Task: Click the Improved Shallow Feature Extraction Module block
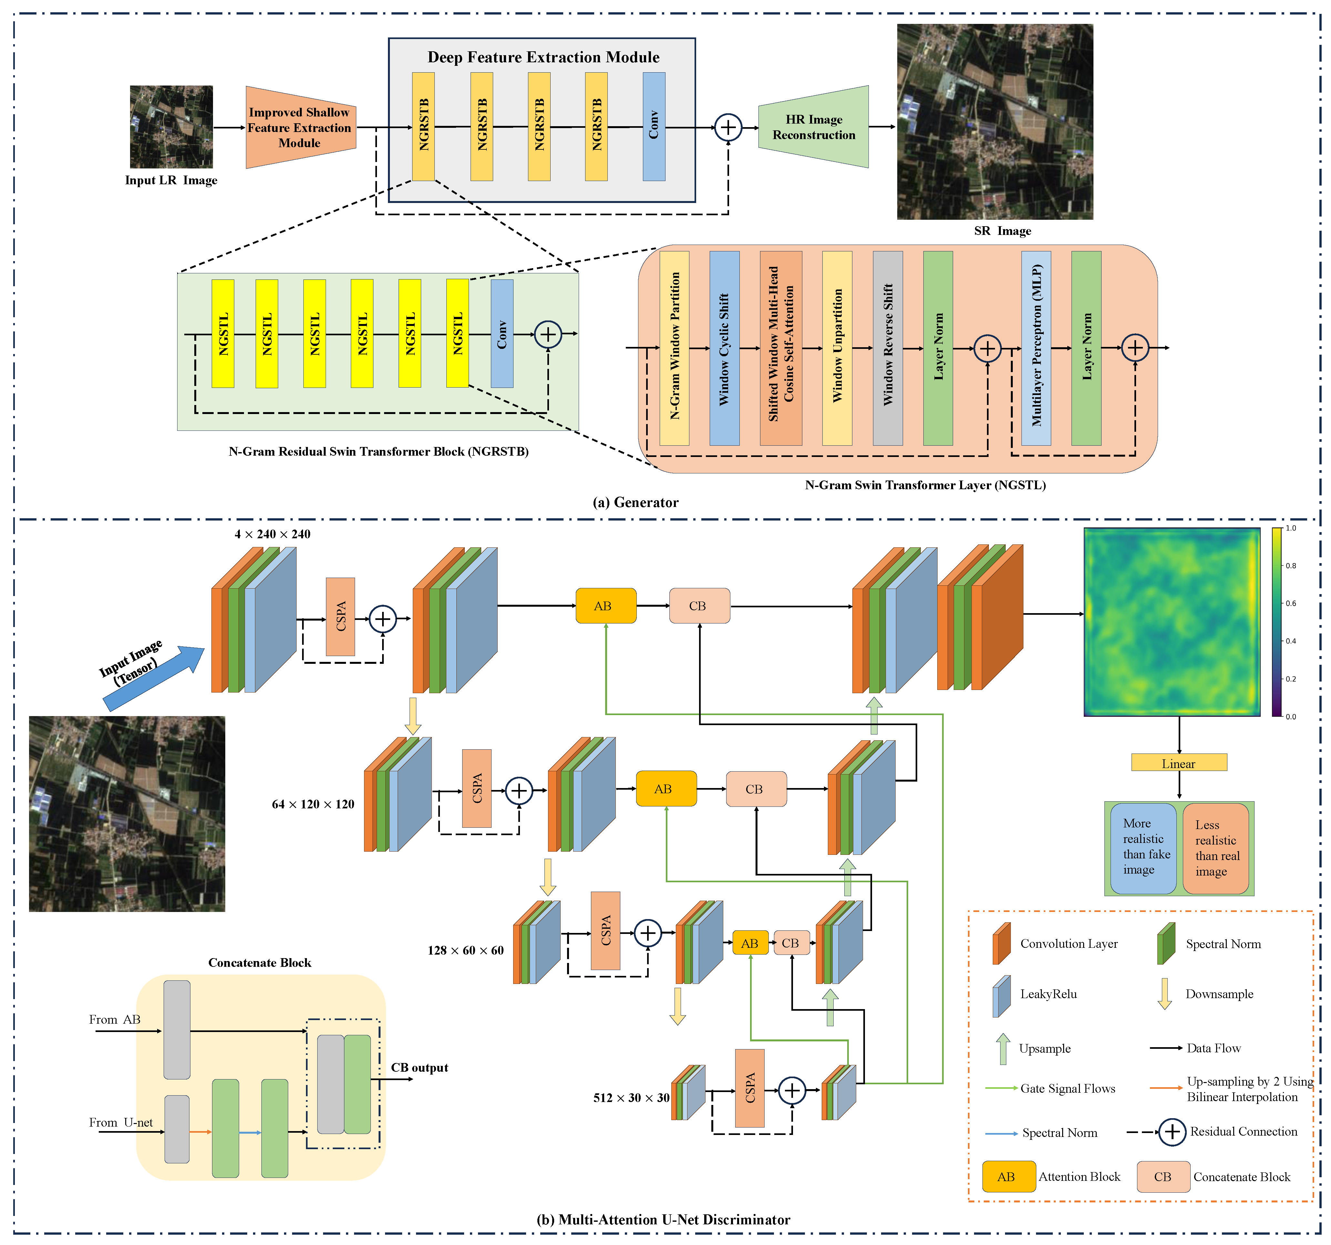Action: pos(300,127)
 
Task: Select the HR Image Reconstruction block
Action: pos(813,127)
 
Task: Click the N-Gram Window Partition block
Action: pos(674,348)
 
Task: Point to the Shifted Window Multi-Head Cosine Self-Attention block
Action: pos(781,348)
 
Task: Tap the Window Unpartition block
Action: pos(837,348)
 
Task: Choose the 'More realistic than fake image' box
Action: pos(1143,848)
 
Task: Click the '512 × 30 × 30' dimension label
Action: pos(631,1098)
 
